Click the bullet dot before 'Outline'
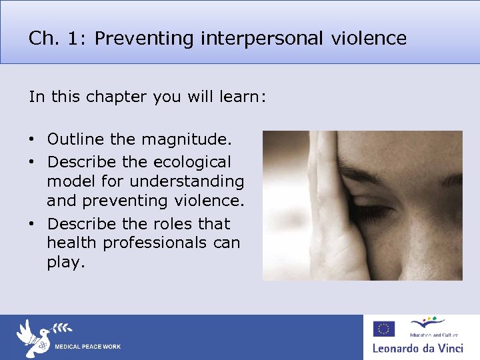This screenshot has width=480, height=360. click(x=32, y=141)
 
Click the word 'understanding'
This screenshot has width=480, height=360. click(x=187, y=181)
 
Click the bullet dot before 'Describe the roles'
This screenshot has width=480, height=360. click(x=32, y=224)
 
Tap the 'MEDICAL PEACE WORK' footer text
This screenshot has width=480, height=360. click(x=88, y=347)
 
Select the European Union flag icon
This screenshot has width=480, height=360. click(x=383, y=329)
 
